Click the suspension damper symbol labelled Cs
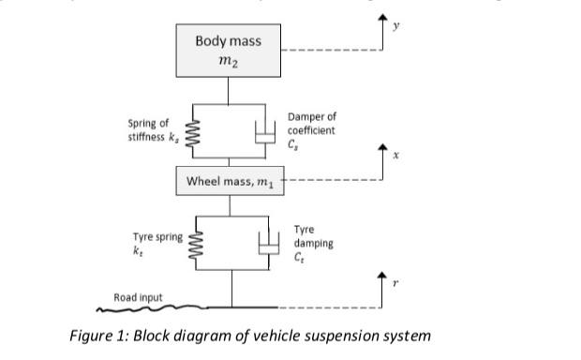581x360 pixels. tap(264, 136)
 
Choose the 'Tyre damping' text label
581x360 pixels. tap(312, 236)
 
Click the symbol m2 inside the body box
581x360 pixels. tap(228, 61)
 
